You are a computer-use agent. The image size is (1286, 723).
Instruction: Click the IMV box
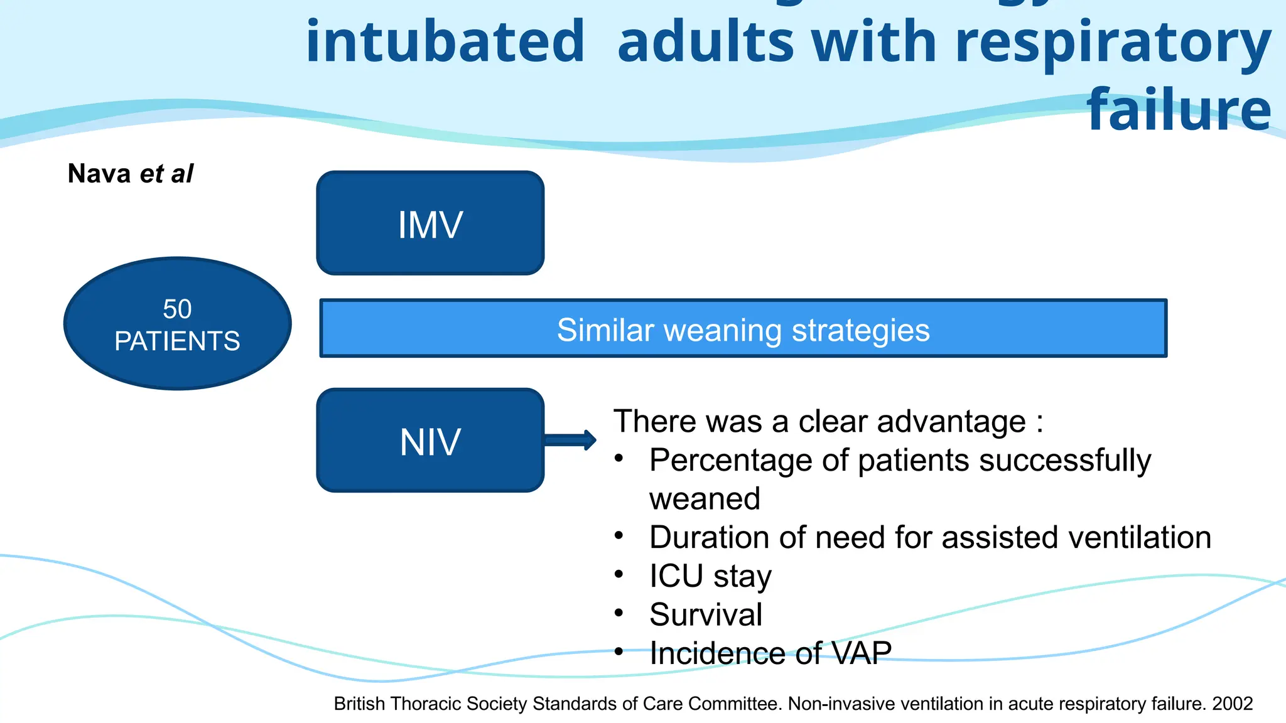tap(430, 223)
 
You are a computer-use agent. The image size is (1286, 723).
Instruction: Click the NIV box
tap(430, 441)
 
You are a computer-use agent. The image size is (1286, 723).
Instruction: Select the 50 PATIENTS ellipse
tap(177, 324)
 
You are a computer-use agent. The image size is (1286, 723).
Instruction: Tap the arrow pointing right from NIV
tap(570, 440)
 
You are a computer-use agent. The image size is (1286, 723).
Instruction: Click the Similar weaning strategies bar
tap(743, 329)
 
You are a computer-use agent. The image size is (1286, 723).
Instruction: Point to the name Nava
tap(99, 174)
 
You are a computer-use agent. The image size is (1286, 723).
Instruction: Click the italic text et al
tap(166, 174)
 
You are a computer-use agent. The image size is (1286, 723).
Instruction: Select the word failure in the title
tap(1179, 110)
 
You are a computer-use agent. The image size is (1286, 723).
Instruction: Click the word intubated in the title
tap(445, 41)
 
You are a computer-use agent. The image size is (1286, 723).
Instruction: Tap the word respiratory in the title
tap(1113, 41)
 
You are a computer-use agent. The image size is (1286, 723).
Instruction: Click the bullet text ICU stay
tap(710, 576)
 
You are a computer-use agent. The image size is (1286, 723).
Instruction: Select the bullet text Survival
tap(706, 614)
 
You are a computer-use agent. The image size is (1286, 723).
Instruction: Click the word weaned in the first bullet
tap(705, 500)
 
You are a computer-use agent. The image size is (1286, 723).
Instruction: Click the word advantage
tap(951, 421)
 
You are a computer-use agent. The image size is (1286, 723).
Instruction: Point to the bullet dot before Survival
tap(619, 613)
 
